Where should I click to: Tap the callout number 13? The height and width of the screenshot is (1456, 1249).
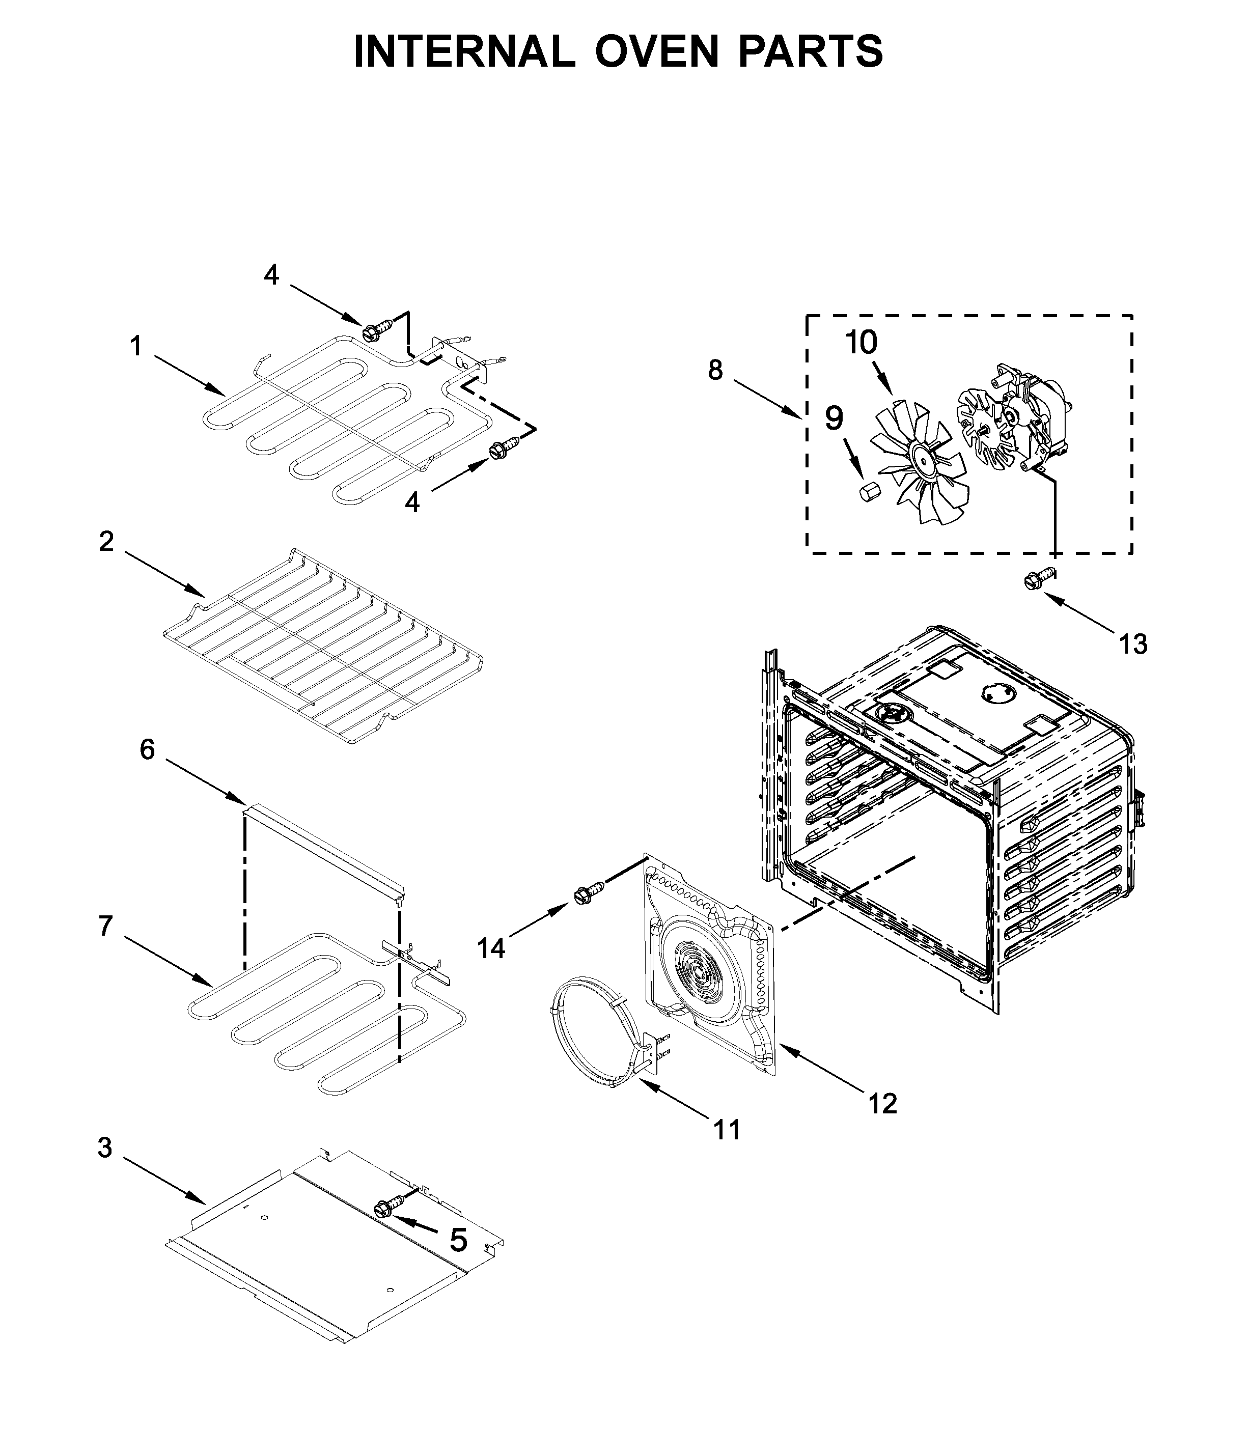click(x=1132, y=643)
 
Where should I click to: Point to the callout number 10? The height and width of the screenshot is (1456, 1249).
click(x=861, y=343)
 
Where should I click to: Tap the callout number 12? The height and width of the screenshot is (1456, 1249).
click(x=882, y=1103)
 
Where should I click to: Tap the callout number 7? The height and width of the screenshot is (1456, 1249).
click(x=105, y=926)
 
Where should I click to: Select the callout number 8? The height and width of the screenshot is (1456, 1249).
click(x=715, y=370)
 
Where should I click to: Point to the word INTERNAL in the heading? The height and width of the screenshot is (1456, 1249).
click(x=464, y=51)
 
